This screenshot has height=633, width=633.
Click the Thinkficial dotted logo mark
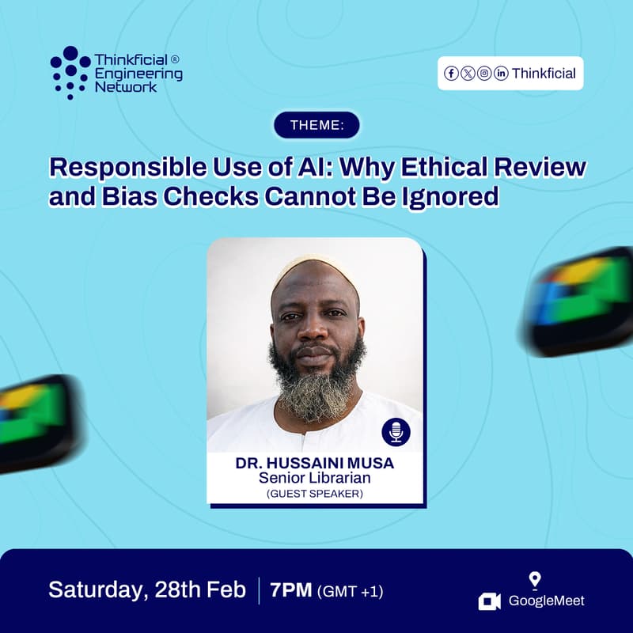(x=70, y=72)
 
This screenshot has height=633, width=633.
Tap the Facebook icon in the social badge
(x=451, y=74)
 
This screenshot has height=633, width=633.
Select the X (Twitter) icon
(x=468, y=74)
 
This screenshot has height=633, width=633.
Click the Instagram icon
(x=484, y=74)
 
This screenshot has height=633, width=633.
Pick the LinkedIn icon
(x=501, y=74)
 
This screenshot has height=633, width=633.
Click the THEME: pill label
(x=316, y=125)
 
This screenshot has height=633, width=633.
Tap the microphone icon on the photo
(x=396, y=432)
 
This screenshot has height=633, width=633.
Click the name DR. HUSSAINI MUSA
(x=315, y=464)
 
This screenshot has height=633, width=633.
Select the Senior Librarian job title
(x=315, y=479)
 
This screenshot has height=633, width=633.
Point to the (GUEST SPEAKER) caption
(x=315, y=494)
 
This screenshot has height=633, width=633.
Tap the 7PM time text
(x=291, y=589)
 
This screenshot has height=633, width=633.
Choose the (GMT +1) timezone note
(x=350, y=590)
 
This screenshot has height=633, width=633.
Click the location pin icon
(x=535, y=580)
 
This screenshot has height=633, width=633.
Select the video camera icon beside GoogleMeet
(x=490, y=601)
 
